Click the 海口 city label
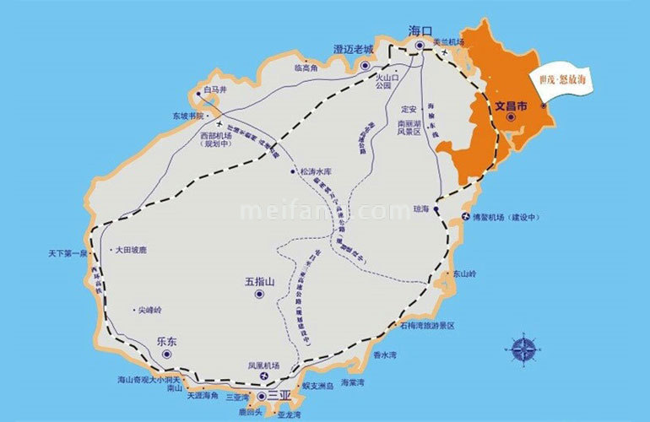click(420, 30)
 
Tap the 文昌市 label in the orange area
click(510, 107)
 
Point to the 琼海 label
click(421, 208)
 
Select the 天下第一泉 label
click(73, 253)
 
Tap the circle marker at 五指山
click(259, 295)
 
